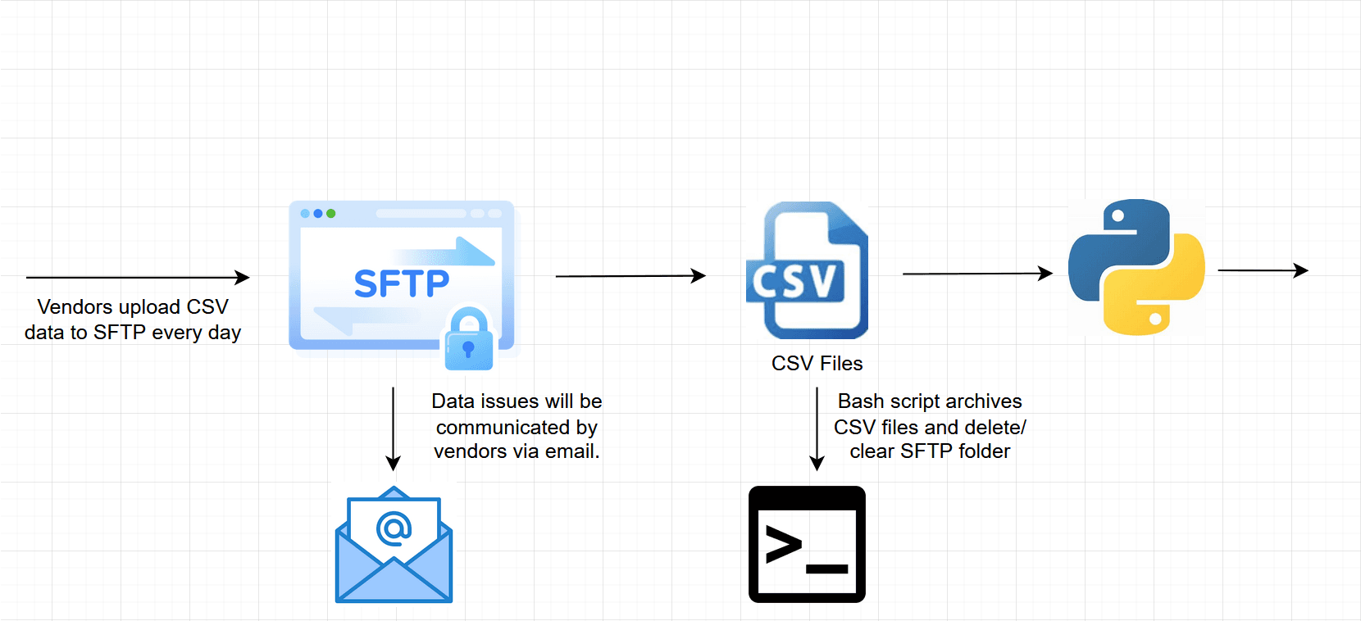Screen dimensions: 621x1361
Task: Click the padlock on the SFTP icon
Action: pyautogui.click(x=469, y=340)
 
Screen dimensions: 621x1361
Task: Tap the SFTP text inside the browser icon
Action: pyautogui.click(x=402, y=284)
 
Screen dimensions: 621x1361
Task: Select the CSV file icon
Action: pyautogui.click(x=808, y=270)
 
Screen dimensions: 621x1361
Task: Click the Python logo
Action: pyautogui.click(x=1136, y=267)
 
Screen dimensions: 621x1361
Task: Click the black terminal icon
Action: pyautogui.click(x=807, y=545)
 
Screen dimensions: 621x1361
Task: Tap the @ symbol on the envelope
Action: pyautogui.click(x=394, y=528)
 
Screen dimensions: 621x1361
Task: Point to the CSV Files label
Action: pyautogui.click(x=817, y=363)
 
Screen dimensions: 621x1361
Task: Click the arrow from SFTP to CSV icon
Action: pyautogui.click(x=630, y=276)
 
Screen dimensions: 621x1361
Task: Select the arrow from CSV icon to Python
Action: pyautogui.click(x=976, y=274)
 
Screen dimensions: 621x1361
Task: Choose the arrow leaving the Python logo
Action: pyautogui.click(x=1263, y=270)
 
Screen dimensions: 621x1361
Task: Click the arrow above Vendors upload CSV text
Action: pyautogui.click(x=137, y=278)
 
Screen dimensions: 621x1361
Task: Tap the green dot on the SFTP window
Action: pyautogui.click(x=331, y=214)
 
